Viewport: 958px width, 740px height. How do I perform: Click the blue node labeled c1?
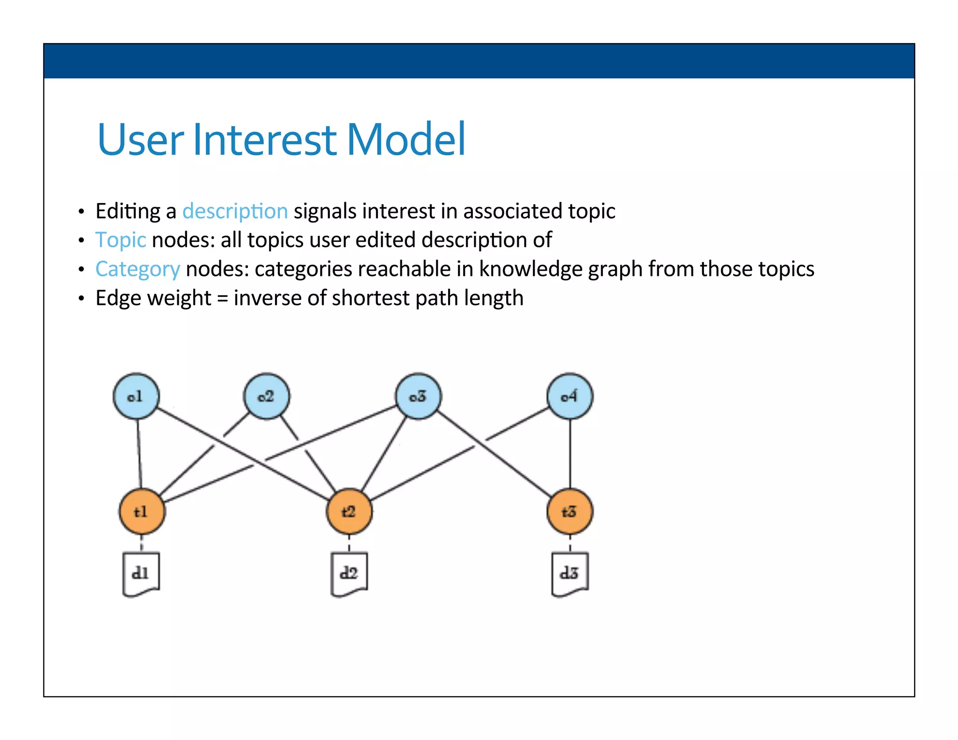tap(136, 396)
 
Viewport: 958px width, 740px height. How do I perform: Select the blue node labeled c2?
tap(267, 396)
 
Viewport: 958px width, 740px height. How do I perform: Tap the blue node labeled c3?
tap(418, 396)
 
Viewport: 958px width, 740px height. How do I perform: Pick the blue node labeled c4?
tap(570, 396)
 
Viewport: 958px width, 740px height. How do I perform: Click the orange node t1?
tap(142, 511)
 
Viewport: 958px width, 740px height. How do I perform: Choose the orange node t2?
tap(349, 511)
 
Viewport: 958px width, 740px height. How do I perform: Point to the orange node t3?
tap(570, 511)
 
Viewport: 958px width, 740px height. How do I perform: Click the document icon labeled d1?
tap(141, 574)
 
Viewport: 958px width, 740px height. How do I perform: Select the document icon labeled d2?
tap(349, 574)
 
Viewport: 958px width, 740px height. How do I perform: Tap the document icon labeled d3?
tap(570, 574)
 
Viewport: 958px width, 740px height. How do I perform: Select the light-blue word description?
tap(235, 211)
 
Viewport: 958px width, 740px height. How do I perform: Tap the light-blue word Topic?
tap(121, 240)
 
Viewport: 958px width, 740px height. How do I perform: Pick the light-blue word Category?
tap(138, 269)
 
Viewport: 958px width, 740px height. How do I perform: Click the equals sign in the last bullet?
tap(223, 298)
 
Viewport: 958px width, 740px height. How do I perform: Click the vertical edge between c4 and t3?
tap(570, 454)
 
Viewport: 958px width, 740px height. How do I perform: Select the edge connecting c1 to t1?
tap(139, 454)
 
